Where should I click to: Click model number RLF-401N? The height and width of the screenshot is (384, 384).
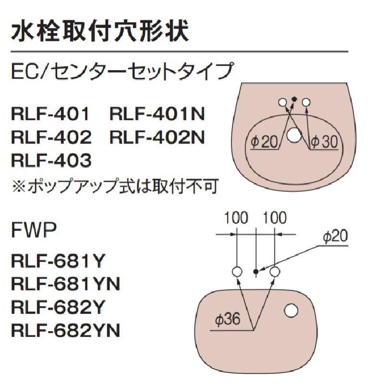point(158,114)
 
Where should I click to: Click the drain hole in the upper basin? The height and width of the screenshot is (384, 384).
point(294,137)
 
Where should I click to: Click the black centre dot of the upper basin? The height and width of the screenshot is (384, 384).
point(294,99)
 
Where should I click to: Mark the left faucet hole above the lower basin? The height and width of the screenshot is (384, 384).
point(237,272)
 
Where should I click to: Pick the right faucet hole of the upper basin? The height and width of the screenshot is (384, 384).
point(306,102)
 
